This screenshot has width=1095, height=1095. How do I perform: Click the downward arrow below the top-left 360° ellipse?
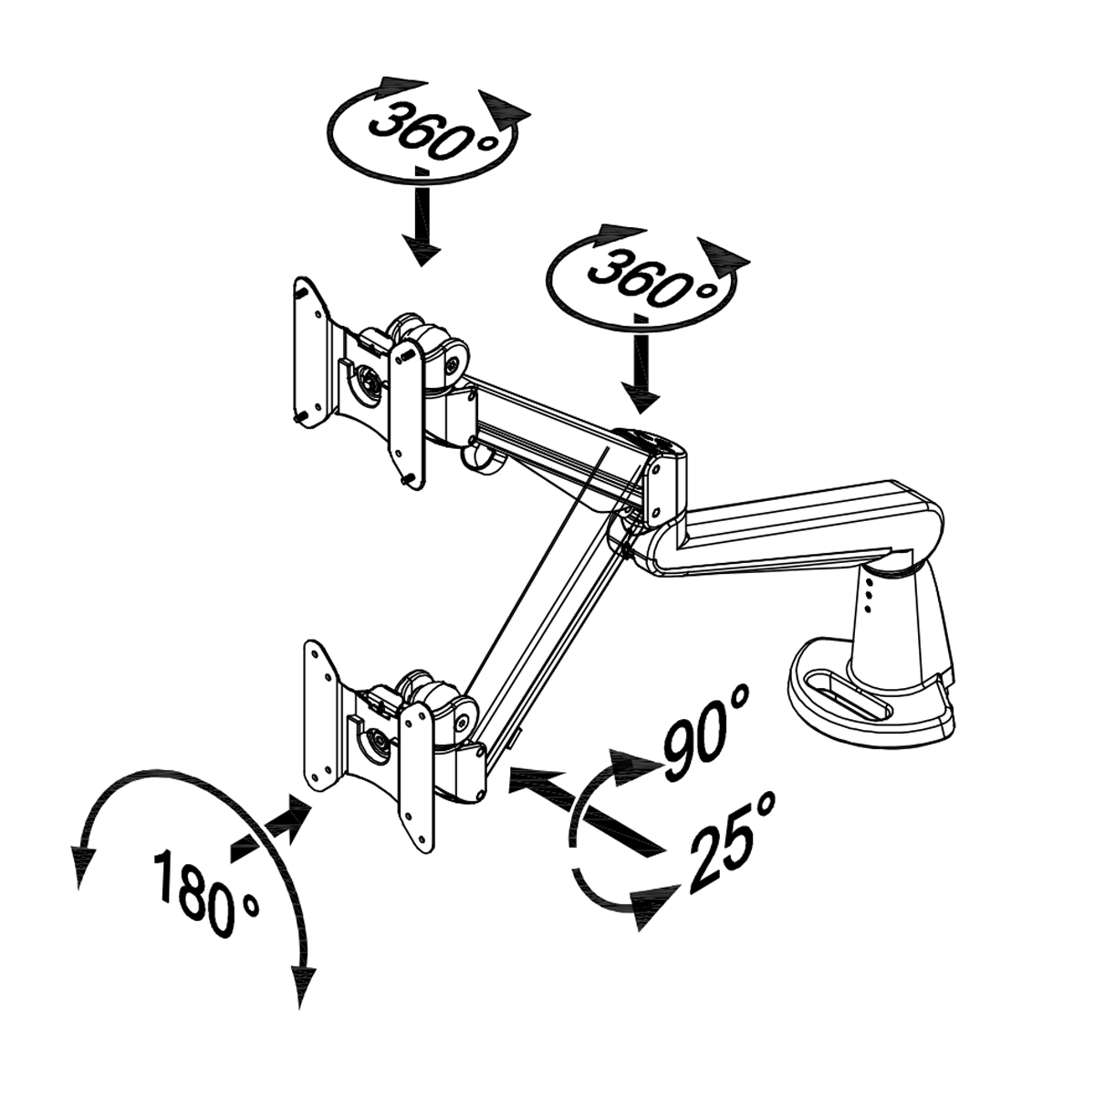click(421, 216)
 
